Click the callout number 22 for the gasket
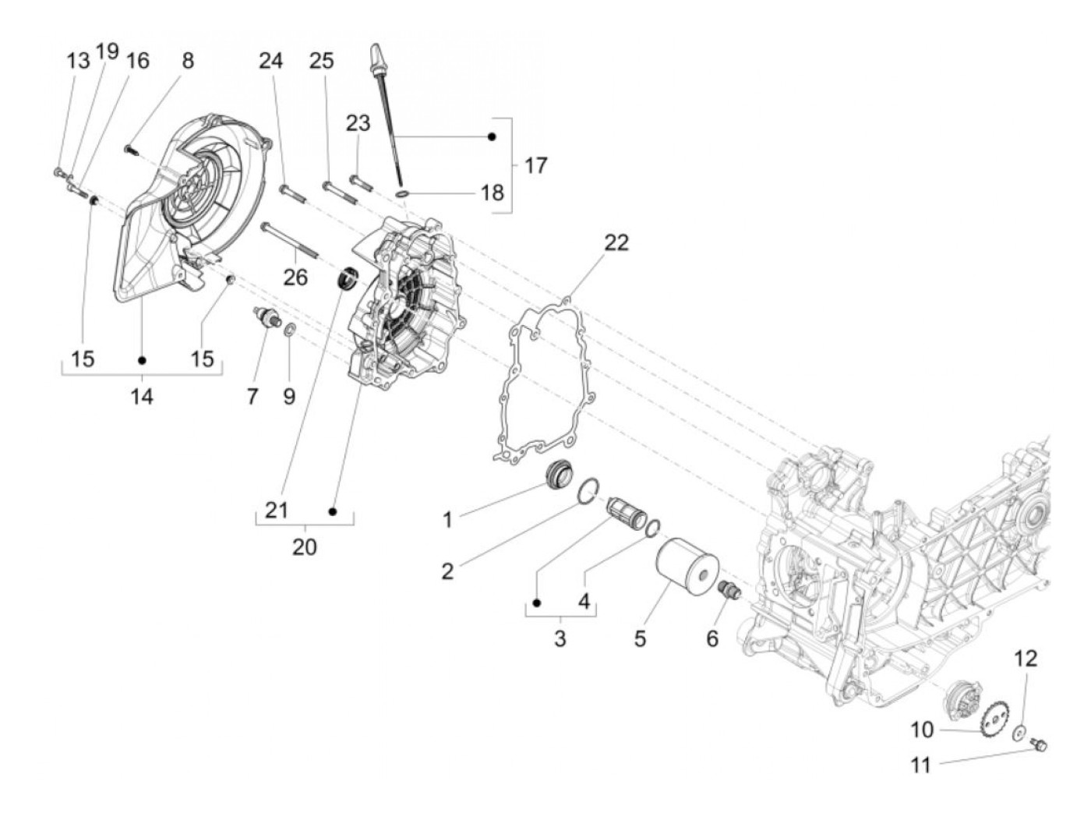pos(616,242)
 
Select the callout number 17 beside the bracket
pos(535,165)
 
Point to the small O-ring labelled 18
pos(402,192)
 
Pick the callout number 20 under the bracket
pos(305,546)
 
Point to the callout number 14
pos(141,396)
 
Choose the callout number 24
pos(271,60)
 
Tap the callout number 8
pos(188,60)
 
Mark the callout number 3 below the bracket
pos(560,638)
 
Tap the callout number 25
pos(321,60)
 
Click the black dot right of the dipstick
pos(492,136)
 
